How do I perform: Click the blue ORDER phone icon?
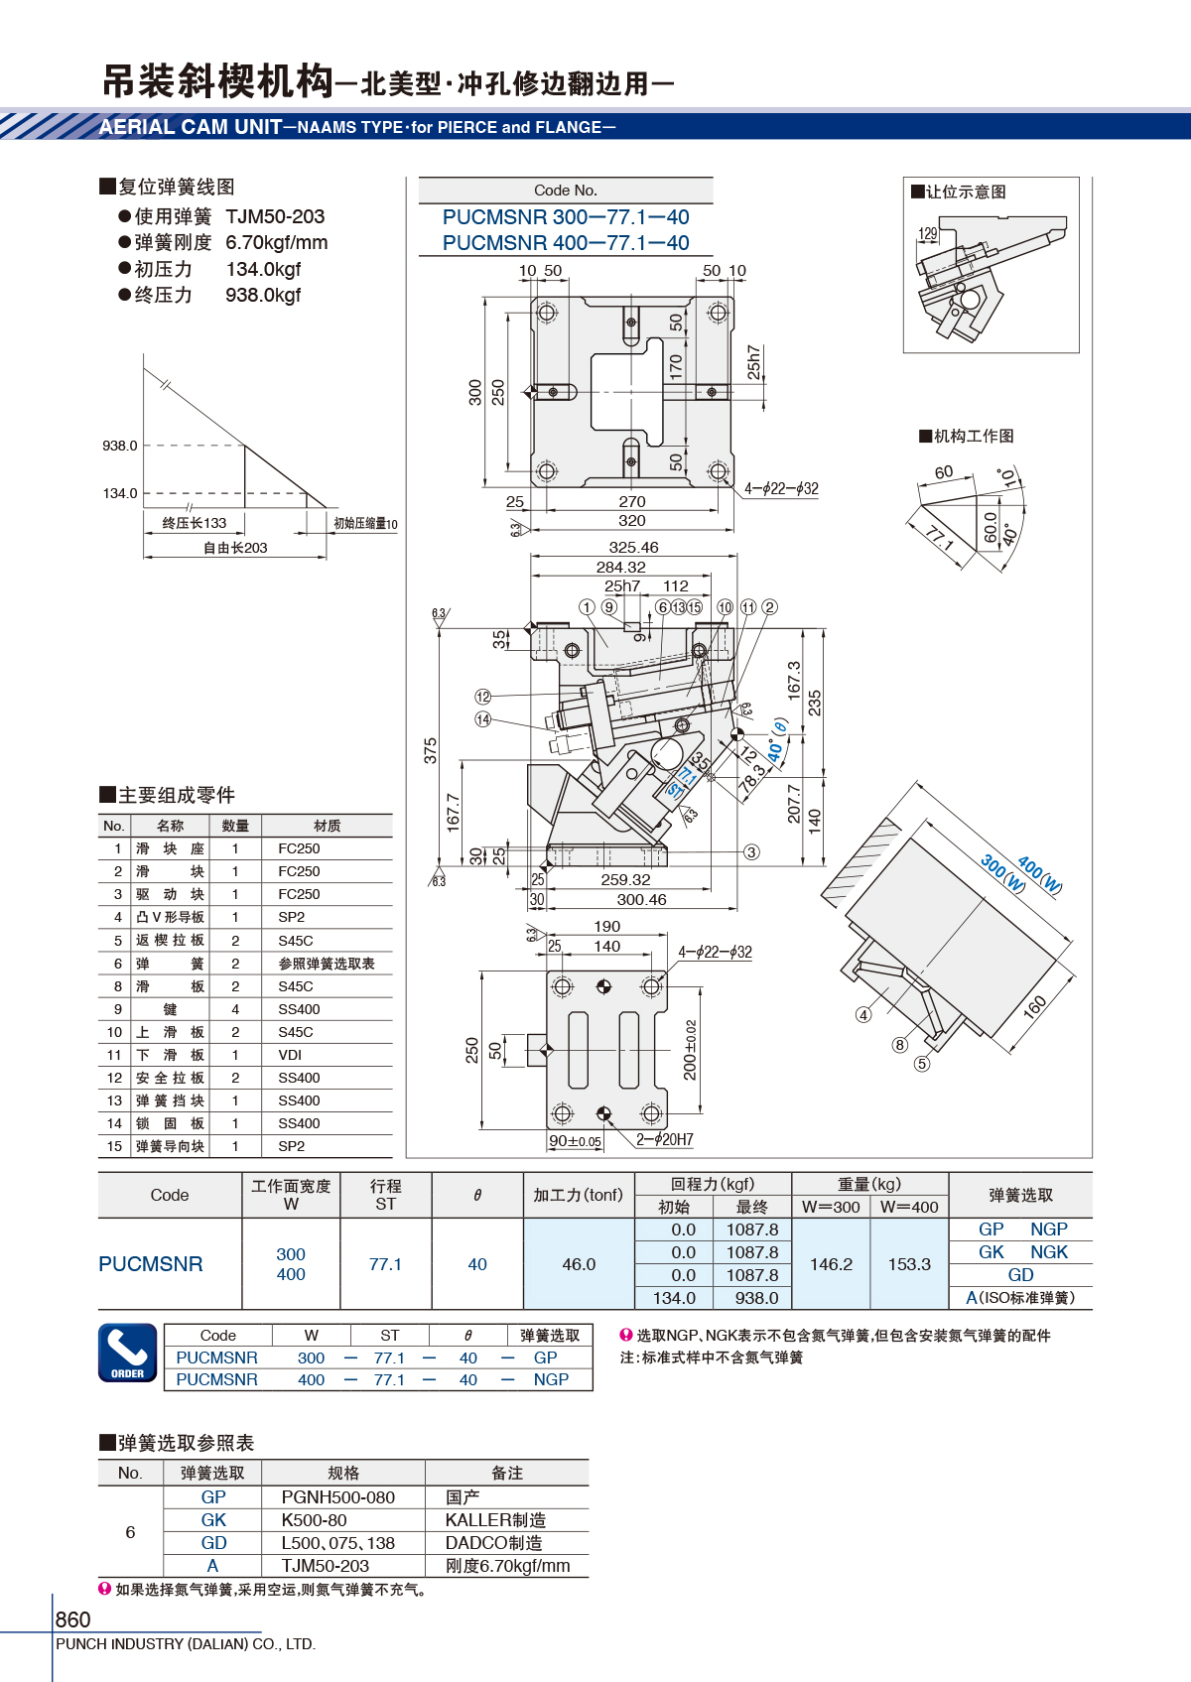point(128,1353)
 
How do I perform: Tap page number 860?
point(72,1618)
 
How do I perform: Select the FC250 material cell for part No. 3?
point(299,893)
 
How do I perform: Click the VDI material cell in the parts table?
point(290,1054)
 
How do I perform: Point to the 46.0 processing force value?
point(579,1264)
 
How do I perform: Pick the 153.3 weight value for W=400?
point(909,1264)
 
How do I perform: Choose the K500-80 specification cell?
point(314,1520)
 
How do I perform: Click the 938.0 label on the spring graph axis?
point(120,446)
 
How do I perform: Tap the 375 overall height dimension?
point(431,750)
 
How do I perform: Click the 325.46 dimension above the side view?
point(634,548)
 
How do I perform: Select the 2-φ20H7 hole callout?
point(665,1139)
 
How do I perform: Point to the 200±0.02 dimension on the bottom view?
point(690,1050)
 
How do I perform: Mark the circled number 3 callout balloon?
point(751,851)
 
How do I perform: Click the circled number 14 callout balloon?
point(483,719)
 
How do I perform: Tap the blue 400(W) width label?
point(1040,875)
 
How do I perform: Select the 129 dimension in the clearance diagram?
point(928,233)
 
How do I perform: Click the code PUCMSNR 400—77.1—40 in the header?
point(566,242)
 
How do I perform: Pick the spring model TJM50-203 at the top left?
point(276,216)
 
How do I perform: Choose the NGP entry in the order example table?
point(551,1379)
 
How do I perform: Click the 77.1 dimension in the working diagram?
point(939,538)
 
